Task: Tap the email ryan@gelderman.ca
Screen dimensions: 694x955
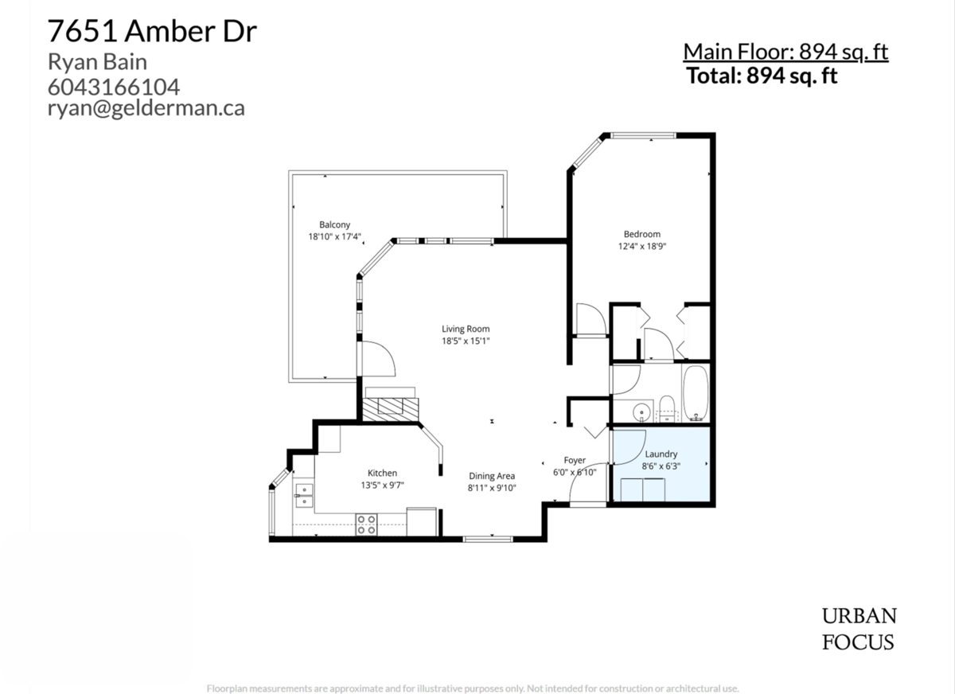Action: point(146,109)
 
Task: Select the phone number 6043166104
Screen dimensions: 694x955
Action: point(114,86)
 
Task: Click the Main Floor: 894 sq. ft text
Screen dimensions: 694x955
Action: point(785,53)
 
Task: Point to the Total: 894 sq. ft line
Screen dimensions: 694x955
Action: point(762,76)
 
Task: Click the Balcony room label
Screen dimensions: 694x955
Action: point(334,225)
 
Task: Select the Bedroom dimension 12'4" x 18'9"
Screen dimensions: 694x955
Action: point(641,247)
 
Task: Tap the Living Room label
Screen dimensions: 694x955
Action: point(466,329)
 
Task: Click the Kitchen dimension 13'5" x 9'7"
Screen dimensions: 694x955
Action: point(381,485)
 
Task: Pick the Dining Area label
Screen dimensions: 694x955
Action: point(492,476)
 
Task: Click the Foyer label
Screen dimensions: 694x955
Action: point(575,460)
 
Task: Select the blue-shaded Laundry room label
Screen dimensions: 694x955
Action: point(661,454)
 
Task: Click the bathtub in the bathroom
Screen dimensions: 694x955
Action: point(696,394)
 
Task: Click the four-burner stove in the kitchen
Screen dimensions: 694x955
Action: point(366,524)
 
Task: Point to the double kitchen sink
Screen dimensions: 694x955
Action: point(303,495)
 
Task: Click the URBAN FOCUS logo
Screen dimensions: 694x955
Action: point(859,629)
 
